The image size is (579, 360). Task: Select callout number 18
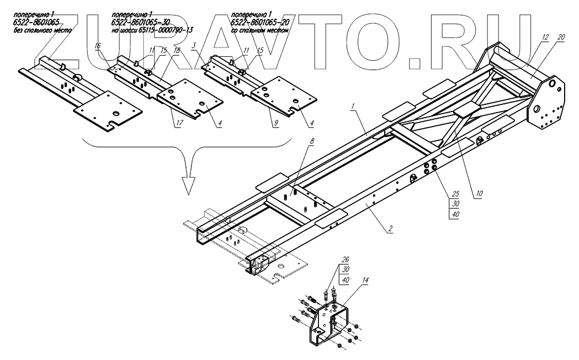coord(177,51)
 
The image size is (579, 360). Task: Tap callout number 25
coord(455,194)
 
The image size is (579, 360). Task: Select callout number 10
coord(479,194)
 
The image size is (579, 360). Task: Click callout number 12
coord(544,38)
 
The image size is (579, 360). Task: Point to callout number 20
coord(561,38)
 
